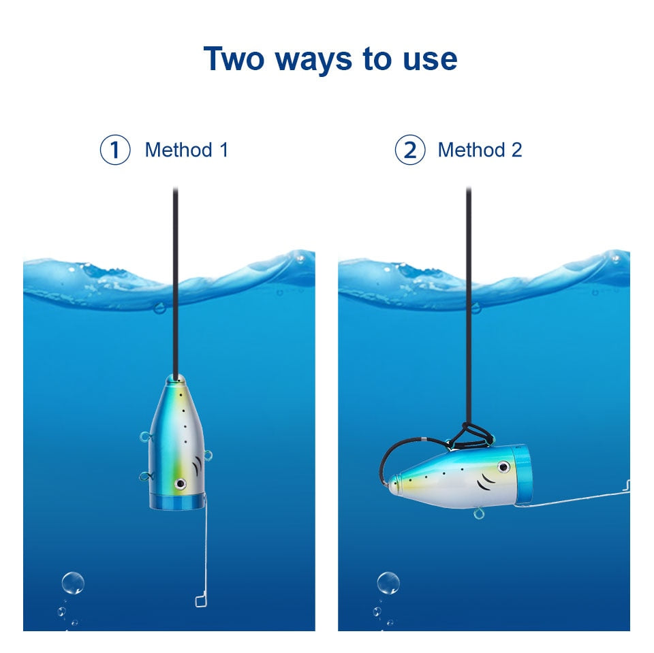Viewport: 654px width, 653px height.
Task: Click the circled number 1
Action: (x=114, y=150)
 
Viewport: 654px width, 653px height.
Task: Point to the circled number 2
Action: (x=409, y=150)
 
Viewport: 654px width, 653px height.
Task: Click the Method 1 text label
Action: (x=186, y=150)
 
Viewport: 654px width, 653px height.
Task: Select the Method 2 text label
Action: (x=480, y=150)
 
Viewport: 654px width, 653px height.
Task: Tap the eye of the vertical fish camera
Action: (x=181, y=483)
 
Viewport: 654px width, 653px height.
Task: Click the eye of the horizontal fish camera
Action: (x=503, y=467)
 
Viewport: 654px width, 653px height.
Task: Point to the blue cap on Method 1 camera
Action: (x=177, y=502)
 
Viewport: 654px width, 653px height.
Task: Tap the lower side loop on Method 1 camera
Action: (x=144, y=477)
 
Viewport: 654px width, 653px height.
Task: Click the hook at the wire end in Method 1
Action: (x=200, y=600)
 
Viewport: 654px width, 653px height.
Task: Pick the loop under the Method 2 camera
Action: (x=480, y=512)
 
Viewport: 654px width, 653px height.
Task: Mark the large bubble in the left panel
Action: (x=73, y=583)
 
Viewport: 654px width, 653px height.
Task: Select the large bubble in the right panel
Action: (x=388, y=583)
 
